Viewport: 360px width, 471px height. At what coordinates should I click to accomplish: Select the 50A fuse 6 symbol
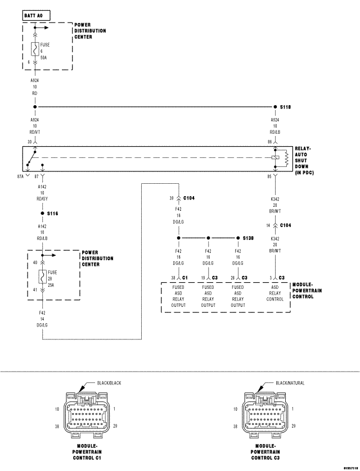pyautogui.click(x=35, y=49)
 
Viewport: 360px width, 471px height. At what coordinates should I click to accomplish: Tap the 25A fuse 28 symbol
pyautogui.click(x=42, y=277)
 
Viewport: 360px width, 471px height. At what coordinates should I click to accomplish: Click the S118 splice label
pyautogui.click(x=285, y=106)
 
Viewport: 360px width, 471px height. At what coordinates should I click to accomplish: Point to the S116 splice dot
pyautogui.click(x=42, y=214)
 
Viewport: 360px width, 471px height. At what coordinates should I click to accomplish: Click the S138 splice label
pyautogui.click(x=248, y=238)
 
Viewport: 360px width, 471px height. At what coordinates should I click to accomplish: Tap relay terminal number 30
pyautogui.click(x=29, y=142)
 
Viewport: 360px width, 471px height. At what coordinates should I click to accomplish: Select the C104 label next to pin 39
pyautogui.click(x=190, y=198)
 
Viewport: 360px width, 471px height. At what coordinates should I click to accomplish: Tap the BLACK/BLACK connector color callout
pyautogui.click(x=109, y=383)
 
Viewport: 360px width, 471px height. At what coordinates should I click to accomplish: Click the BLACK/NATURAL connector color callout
pyautogui.click(x=290, y=383)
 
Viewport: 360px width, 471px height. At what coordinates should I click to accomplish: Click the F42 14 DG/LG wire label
pyautogui.click(x=42, y=319)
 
